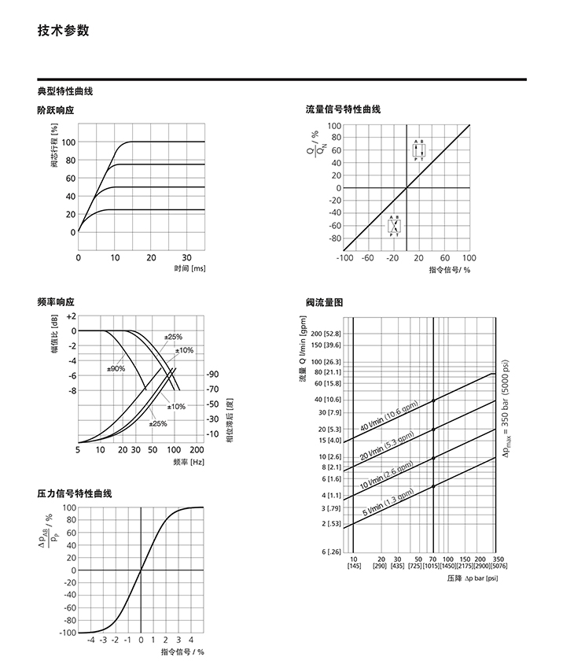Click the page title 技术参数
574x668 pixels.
(63, 31)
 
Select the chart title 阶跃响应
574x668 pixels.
(55, 110)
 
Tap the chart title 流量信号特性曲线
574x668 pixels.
(343, 109)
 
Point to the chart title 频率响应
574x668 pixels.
(55, 302)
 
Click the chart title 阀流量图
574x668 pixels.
(324, 302)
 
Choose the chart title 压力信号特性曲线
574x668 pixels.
(74, 493)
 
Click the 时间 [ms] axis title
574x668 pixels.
(189, 268)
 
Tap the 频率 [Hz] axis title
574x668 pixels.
(189, 462)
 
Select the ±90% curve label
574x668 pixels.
(116, 368)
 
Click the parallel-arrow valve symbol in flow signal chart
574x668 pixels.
(419, 150)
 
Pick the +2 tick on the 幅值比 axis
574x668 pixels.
(71, 316)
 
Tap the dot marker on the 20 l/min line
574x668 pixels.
(433, 429)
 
